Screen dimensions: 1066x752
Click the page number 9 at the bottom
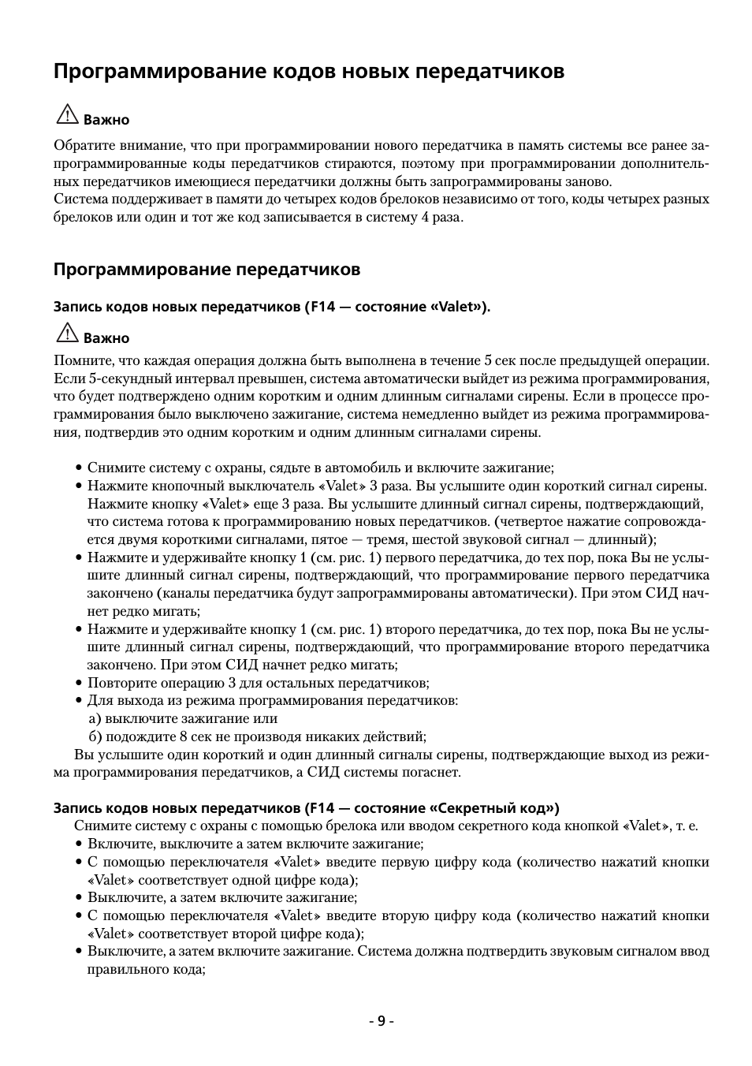pyautogui.click(x=382, y=1021)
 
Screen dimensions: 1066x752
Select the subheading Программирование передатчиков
pyautogui.click(x=207, y=270)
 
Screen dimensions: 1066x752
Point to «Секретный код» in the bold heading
pyautogui.click(x=493, y=808)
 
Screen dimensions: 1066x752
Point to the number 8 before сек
pyautogui.click(x=183, y=736)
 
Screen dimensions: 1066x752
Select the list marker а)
pyautogui.click(x=95, y=718)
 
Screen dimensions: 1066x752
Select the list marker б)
pyautogui.click(x=95, y=736)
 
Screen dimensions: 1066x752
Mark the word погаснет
pyautogui.click(x=433, y=772)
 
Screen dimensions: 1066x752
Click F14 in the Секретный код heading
pyautogui.click(x=322, y=808)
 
